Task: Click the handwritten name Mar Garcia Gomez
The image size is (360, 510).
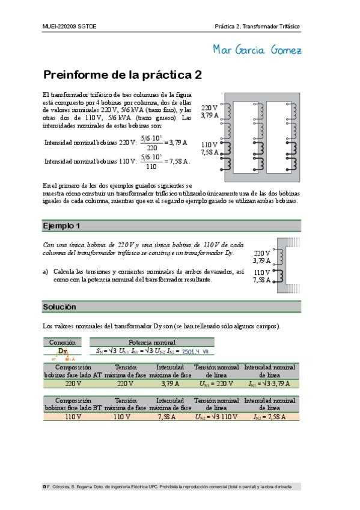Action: click(257, 49)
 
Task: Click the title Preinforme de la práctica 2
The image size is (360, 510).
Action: click(122, 75)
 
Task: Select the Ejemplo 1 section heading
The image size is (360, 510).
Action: click(62, 226)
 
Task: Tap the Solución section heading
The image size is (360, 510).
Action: click(59, 307)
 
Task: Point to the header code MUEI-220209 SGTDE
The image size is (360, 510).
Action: click(70, 27)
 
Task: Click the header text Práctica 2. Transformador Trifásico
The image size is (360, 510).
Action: click(257, 27)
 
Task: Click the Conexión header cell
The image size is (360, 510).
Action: click(63, 342)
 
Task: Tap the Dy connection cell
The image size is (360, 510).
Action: click(63, 351)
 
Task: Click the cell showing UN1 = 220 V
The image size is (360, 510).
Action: click(215, 382)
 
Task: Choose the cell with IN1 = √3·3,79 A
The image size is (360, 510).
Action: click(269, 382)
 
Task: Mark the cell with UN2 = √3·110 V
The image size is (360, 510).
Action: click(216, 416)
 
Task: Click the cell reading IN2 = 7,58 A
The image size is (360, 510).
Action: click(269, 416)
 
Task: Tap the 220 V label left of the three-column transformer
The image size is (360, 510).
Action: click(209, 108)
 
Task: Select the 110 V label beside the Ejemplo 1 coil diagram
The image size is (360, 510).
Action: click(261, 272)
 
